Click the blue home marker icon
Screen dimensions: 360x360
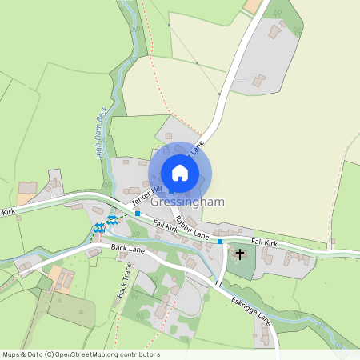point(180,173)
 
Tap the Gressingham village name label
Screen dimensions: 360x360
point(191,203)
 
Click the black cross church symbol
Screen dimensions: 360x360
point(240,254)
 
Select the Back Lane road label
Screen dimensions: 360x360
point(128,250)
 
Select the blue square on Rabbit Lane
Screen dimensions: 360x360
point(220,241)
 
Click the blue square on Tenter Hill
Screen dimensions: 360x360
point(138,214)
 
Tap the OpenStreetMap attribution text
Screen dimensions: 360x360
point(80,354)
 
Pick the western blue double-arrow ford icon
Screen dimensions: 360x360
point(98,228)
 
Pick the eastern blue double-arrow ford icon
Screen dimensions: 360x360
point(113,218)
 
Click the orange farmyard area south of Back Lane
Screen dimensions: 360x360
point(60,278)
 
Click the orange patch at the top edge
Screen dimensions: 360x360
point(254,6)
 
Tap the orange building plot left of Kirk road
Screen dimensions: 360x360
point(26,195)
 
